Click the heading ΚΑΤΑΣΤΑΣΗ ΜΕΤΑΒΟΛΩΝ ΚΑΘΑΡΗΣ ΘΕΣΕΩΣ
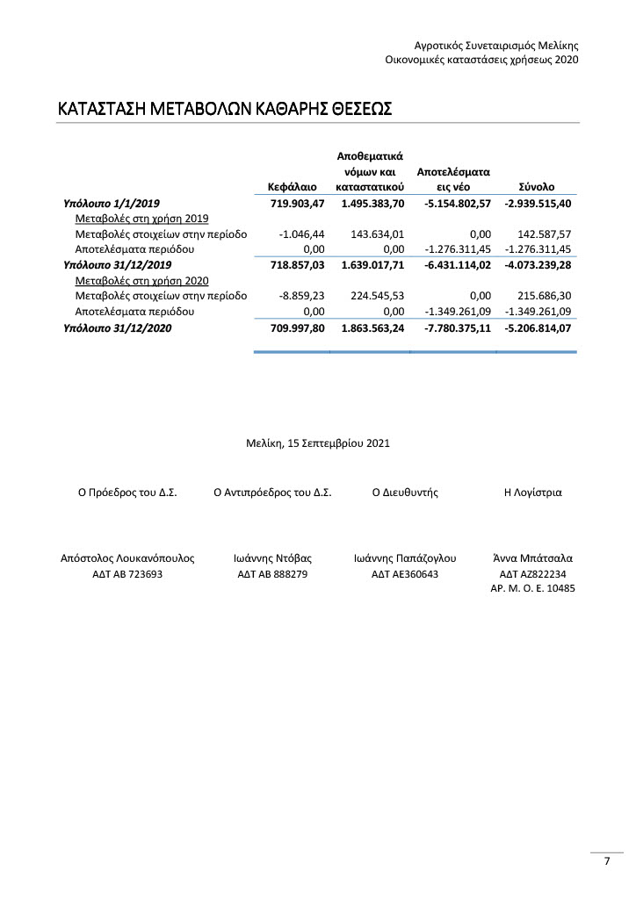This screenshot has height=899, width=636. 224,110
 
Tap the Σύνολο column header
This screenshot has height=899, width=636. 535,187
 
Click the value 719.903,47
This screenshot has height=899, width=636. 298,204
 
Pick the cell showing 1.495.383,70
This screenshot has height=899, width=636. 372,204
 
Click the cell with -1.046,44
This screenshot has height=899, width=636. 301,234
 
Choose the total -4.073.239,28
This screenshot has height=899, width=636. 538,264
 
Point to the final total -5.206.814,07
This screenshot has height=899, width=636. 538,328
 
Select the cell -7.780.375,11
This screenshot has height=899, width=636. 453,328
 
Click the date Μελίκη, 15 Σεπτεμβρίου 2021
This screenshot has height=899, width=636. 318,444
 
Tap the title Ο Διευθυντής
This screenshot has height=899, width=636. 405,493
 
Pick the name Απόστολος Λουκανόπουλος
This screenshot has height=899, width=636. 127,557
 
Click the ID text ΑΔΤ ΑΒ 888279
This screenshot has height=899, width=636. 272,574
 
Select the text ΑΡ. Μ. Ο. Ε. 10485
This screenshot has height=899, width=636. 532,589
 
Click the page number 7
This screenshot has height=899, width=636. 606,861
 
